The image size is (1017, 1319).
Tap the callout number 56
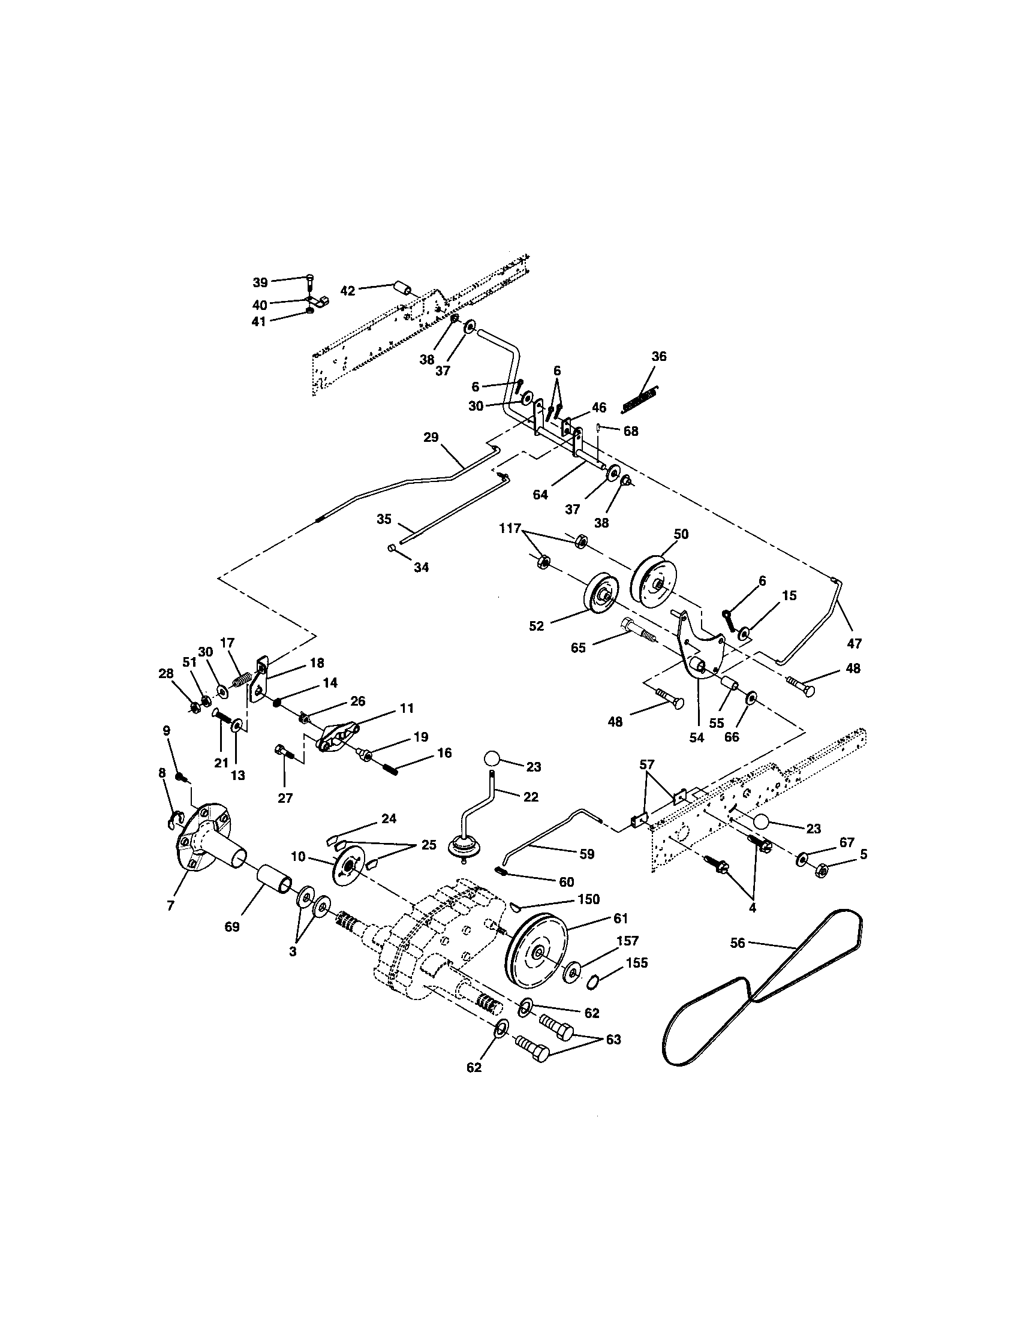pos(738,942)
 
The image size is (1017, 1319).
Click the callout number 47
pos(854,644)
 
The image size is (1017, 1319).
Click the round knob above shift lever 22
pos(493,758)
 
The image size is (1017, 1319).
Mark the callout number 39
pos(260,282)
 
